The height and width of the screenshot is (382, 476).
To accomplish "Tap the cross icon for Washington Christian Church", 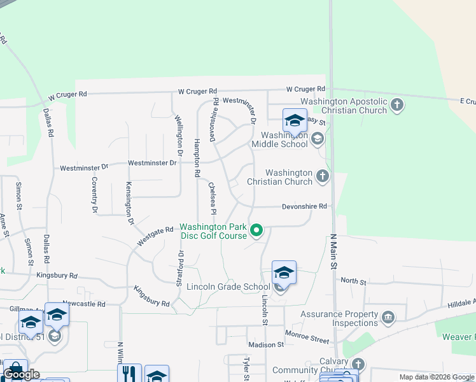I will [323, 176].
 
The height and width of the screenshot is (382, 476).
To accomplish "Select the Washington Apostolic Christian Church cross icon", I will [397, 104].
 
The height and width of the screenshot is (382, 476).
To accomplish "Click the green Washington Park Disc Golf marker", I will [256, 230].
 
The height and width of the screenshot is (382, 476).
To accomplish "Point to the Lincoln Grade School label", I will [228, 286].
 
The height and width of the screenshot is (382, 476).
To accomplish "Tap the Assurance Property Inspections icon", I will [388, 317].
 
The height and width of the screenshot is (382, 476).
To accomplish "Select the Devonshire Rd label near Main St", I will [304, 206].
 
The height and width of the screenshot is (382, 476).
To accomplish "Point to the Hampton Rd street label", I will [197, 158].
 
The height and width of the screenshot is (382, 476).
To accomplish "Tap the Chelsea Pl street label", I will [213, 198].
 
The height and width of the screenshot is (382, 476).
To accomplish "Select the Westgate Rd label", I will [155, 236].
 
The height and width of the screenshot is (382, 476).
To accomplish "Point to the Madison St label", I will [266, 344].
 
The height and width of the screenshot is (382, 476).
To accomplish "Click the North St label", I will [353, 281].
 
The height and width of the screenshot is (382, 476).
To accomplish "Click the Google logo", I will [20, 374].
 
